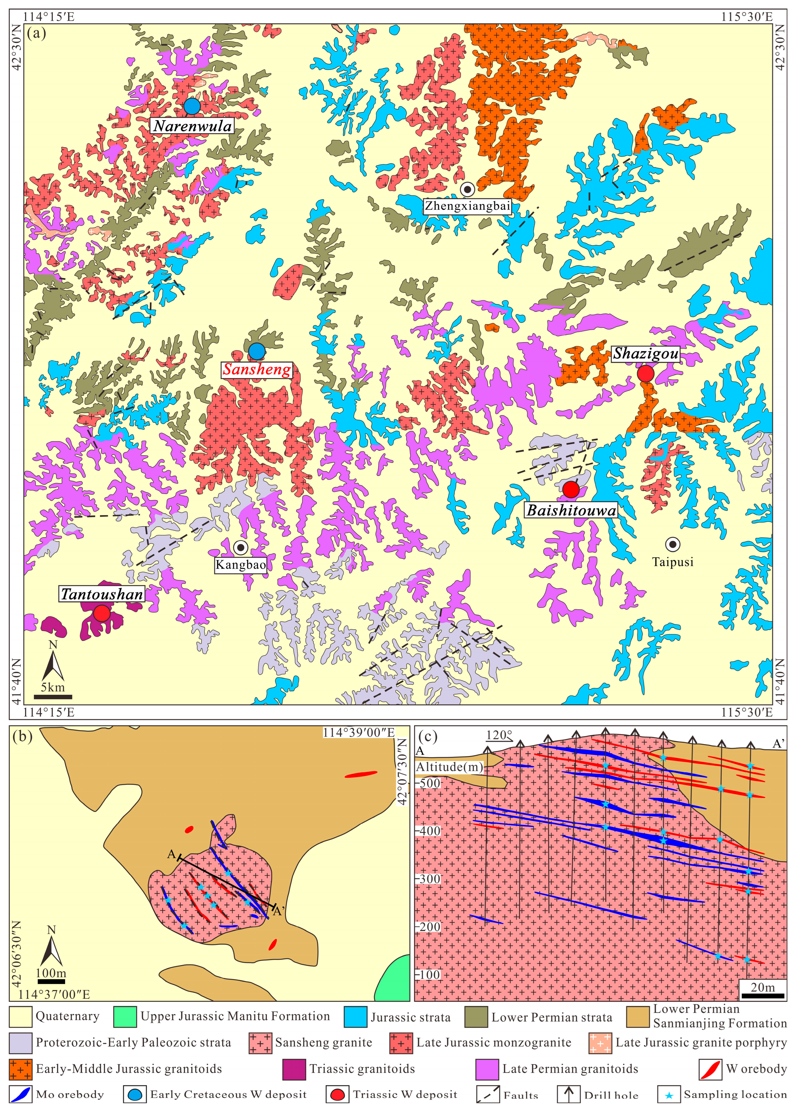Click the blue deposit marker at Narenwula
click(192, 106)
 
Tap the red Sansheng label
click(257, 369)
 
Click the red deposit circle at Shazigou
click(645, 374)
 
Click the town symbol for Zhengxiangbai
click(468, 189)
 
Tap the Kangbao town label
click(241, 565)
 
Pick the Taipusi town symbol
click(673, 544)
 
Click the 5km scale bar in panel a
click(53, 697)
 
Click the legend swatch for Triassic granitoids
click(294, 1069)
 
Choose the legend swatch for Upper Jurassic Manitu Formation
click(125, 1017)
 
